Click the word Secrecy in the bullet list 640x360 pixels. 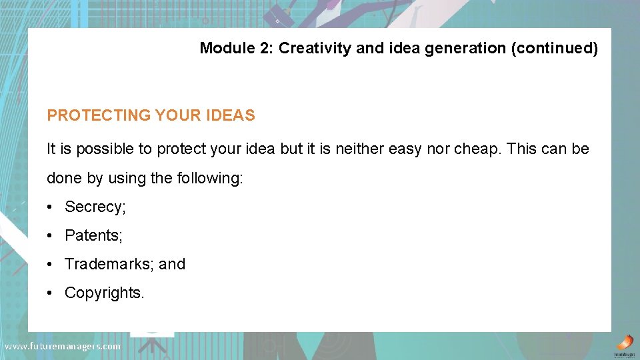pyautogui.click(x=93, y=207)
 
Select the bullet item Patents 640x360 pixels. pyautogui.click(x=92, y=235)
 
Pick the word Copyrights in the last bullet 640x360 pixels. pyautogui.click(x=103, y=293)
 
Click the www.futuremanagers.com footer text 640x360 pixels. pyautogui.click(x=62, y=346)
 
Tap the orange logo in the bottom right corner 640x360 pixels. pyautogui.click(x=624, y=343)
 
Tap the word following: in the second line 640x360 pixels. pyautogui.click(x=209, y=179)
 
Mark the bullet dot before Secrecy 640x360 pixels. pyautogui.click(x=50, y=207)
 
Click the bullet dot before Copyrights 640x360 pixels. pyautogui.click(x=50, y=293)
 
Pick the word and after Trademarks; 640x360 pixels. pyautogui.click(x=172, y=264)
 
